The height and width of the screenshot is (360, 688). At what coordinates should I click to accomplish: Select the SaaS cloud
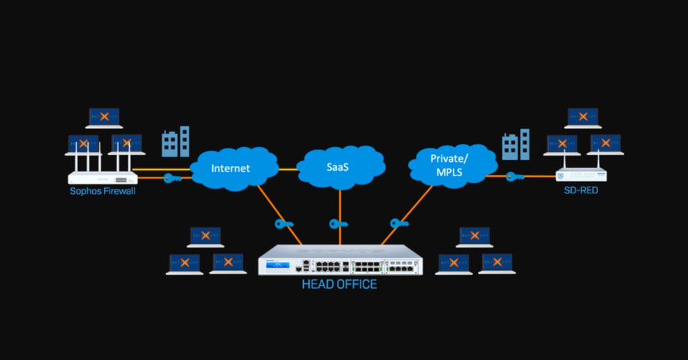point(340,165)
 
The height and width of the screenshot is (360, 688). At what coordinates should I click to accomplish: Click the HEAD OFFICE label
point(339,284)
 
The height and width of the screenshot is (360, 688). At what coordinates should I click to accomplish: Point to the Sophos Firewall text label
point(103,191)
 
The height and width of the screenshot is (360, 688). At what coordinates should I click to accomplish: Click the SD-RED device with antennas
point(581,175)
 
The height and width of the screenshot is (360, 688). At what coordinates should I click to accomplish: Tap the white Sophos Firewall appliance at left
point(103,177)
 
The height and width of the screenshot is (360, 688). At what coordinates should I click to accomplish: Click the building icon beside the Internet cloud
point(175,142)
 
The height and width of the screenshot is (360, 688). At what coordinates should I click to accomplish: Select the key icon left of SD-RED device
point(515,177)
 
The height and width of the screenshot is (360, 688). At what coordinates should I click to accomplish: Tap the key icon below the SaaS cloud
point(339,224)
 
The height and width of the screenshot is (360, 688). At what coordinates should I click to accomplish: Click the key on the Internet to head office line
point(283,224)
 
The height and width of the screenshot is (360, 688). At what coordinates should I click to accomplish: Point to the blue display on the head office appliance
point(278,267)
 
